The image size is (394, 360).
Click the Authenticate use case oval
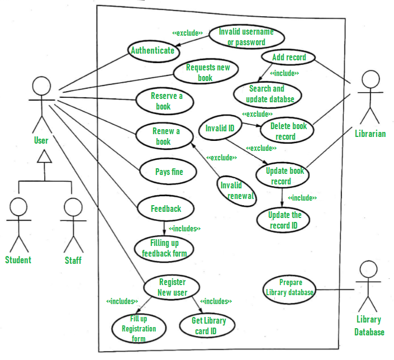tap(153, 50)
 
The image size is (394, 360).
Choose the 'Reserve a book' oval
tap(167, 101)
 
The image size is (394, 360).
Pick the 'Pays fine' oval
tap(169, 172)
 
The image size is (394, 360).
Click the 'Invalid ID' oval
tap(220, 129)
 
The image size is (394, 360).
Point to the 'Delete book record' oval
tap(286, 131)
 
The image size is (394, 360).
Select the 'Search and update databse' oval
tap(267, 93)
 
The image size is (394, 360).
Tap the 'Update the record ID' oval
tap(284, 220)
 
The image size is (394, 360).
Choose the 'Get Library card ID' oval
tap(208, 326)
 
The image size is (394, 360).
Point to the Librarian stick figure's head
tap(369, 80)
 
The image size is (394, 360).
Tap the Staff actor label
tap(73, 260)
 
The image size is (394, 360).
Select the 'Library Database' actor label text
tap(369, 326)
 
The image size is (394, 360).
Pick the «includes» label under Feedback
tap(184, 228)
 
